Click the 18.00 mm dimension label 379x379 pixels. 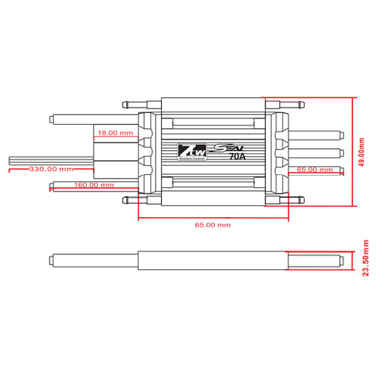click(x=115, y=132)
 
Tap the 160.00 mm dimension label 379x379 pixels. click(x=94, y=185)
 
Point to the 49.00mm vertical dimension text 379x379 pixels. click(x=362, y=150)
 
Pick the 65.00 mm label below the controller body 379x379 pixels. click(x=213, y=225)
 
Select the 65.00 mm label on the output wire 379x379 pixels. click(x=314, y=169)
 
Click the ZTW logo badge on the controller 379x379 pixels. click(x=190, y=151)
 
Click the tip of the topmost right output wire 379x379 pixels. click(x=340, y=134)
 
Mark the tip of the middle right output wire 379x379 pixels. click(x=340, y=152)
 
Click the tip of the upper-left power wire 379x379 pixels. click(x=53, y=119)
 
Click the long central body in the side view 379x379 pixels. click(x=213, y=260)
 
